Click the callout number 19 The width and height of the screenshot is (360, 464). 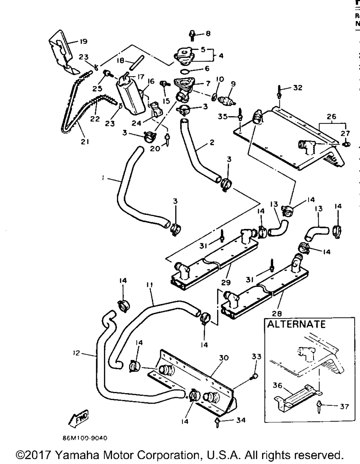[83, 41]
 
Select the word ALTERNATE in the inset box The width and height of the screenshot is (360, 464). [296, 324]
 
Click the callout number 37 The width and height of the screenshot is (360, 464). [345, 406]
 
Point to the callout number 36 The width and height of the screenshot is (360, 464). [278, 386]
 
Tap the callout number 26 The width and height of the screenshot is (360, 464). [331, 116]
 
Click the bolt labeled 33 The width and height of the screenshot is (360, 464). [254, 377]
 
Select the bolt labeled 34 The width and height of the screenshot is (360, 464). [218, 422]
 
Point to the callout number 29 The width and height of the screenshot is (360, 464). [227, 283]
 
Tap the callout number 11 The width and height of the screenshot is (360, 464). [149, 285]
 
